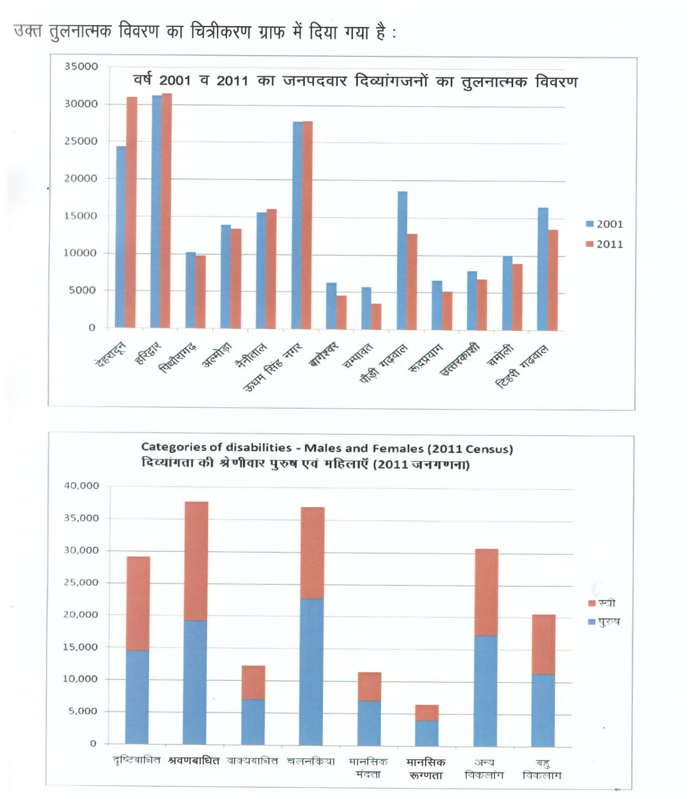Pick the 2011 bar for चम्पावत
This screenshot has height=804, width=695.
point(376,316)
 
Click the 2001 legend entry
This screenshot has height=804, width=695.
point(605,224)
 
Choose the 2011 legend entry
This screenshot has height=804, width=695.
point(605,244)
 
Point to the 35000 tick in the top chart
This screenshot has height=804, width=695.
point(81,67)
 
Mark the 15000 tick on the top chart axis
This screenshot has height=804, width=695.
point(81,216)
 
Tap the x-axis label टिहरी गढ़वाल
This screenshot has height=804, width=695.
point(522,367)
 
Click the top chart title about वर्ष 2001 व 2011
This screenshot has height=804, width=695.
point(355,81)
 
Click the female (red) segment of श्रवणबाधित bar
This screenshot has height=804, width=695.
point(196,561)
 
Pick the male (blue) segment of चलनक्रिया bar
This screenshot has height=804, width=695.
point(312,671)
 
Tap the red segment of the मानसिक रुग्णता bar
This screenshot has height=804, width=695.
point(427,713)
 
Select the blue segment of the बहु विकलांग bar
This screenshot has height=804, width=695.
point(543,710)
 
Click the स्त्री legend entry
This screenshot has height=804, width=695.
point(602,603)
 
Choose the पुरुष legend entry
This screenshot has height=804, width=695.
point(604,622)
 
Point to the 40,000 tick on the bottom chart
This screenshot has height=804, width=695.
point(81,486)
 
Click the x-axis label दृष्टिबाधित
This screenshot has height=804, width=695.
point(137,760)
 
